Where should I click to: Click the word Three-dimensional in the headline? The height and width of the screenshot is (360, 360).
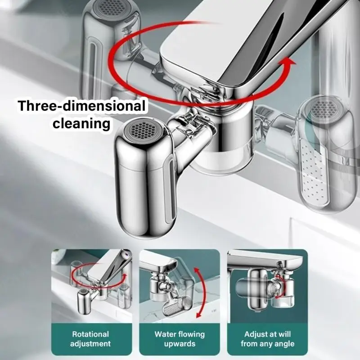coord(81,107)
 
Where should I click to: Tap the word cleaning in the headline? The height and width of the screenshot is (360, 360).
coord(81,123)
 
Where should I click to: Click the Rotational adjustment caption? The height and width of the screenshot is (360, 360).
coord(90,339)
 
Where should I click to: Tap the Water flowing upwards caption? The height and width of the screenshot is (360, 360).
coord(179,339)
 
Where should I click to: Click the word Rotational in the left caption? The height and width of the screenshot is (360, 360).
coord(90,334)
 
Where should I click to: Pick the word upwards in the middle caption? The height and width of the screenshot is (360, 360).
coord(179,344)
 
